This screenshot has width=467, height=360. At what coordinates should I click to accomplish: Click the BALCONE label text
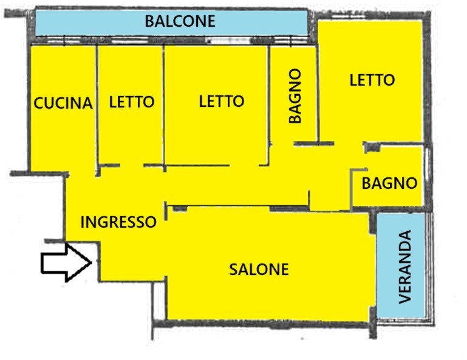[x=180, y=21]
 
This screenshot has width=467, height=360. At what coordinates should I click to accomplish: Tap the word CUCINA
[x=63, y=103]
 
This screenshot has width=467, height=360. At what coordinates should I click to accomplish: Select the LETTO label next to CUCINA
[x=132, y=102]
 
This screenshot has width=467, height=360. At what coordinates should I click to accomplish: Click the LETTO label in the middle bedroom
[x=222, y=101]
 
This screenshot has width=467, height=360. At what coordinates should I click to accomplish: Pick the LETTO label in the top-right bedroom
[x=372, y=80]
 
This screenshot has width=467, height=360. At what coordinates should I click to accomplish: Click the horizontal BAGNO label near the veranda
[x=389, y=183]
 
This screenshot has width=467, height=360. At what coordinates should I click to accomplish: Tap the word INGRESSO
[x=118, y=222]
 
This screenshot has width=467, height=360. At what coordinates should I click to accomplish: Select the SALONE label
[x=259, y=269]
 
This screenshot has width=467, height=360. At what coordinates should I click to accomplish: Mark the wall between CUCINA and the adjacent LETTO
[x=97, y=103]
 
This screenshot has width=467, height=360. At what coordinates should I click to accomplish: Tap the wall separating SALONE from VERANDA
[x=373, y=267]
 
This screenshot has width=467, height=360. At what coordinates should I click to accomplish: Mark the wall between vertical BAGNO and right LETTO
[x=317, y=91]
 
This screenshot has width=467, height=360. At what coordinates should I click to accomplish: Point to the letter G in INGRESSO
[x=103, y=222]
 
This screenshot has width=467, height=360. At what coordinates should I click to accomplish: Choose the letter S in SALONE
[x=234, y=269]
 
